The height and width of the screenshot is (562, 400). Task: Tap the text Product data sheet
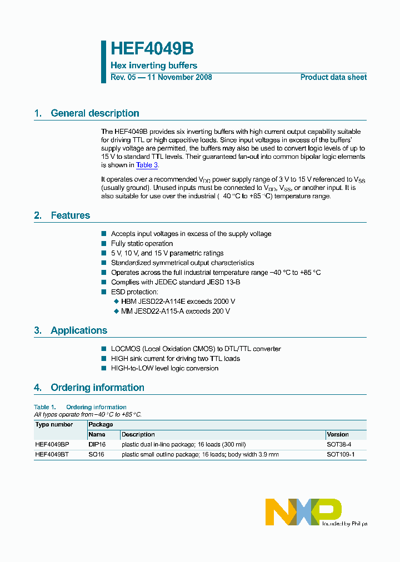pos(333,77)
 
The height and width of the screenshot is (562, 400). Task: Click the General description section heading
pos(94,113)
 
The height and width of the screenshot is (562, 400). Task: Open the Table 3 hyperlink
pos(147,165)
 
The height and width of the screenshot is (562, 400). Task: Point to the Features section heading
pos(70,215)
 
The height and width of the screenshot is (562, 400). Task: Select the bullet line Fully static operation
pos(142,244)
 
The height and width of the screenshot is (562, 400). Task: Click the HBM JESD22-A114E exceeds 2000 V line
pos(178,302)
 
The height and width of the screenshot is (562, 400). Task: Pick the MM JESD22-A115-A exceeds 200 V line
pos(175,311)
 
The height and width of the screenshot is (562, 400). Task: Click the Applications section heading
pos(79,330)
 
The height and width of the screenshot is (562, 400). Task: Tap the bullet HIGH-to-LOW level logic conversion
pos(164,368)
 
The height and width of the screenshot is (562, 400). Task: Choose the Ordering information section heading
pos(97,388)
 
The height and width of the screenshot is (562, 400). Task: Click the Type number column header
pos(54,425)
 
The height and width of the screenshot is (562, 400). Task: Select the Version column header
pos(338,434)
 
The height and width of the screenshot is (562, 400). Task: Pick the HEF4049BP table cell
pos(52,444)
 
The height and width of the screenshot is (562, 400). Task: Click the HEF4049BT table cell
pos(52,454)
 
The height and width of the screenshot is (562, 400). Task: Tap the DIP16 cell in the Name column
pos(97,444)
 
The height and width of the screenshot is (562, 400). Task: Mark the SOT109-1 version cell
pos(341,454)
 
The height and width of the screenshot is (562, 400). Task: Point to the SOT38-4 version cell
pos(339,444)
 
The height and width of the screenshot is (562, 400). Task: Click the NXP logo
pos(303,511)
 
